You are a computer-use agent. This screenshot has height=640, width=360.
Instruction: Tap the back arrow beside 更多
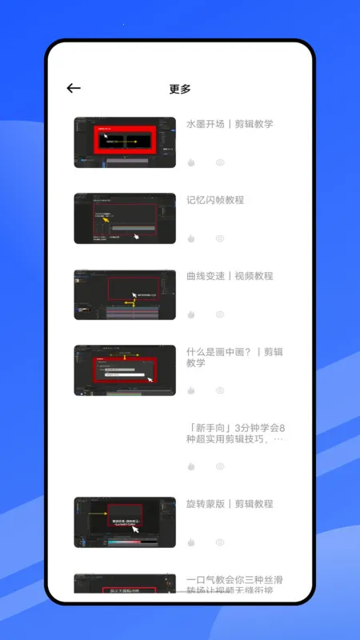(x=74, y=89)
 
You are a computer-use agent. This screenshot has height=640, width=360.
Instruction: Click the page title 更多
(x=180, y=89)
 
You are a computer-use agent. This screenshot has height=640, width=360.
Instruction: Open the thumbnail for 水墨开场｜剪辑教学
(x=125, y=142)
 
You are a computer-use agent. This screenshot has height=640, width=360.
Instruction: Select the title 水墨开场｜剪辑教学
(x=230, y=124)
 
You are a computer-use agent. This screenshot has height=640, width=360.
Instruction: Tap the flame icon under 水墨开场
(x=191, y=162)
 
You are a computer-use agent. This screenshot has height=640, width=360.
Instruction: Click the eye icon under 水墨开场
(x=220, y=162)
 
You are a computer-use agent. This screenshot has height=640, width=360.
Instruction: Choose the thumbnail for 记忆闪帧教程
(x=125, y=218)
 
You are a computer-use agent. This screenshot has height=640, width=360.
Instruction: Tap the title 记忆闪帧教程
(x=215, y=200)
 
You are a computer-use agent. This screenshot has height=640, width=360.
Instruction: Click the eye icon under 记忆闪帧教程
(x=220, y=238)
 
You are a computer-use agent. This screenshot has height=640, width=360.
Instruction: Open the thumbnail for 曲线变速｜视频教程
(x=125, y=294)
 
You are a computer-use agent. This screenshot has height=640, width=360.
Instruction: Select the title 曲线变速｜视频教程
(x=230, y=276)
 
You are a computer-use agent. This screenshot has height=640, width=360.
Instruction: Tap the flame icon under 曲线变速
(x=191, y=314)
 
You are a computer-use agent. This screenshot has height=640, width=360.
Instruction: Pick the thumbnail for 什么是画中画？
(x=125, y=370)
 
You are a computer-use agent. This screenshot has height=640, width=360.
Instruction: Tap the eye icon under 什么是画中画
(x=220, y=390)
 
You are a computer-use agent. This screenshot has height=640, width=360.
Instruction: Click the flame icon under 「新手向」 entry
(x=191, y=466)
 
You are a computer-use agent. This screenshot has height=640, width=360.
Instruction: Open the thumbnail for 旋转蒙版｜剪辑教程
(x=125, y=522)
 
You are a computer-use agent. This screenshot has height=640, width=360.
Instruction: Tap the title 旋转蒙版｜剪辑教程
(x=230, y=504)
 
